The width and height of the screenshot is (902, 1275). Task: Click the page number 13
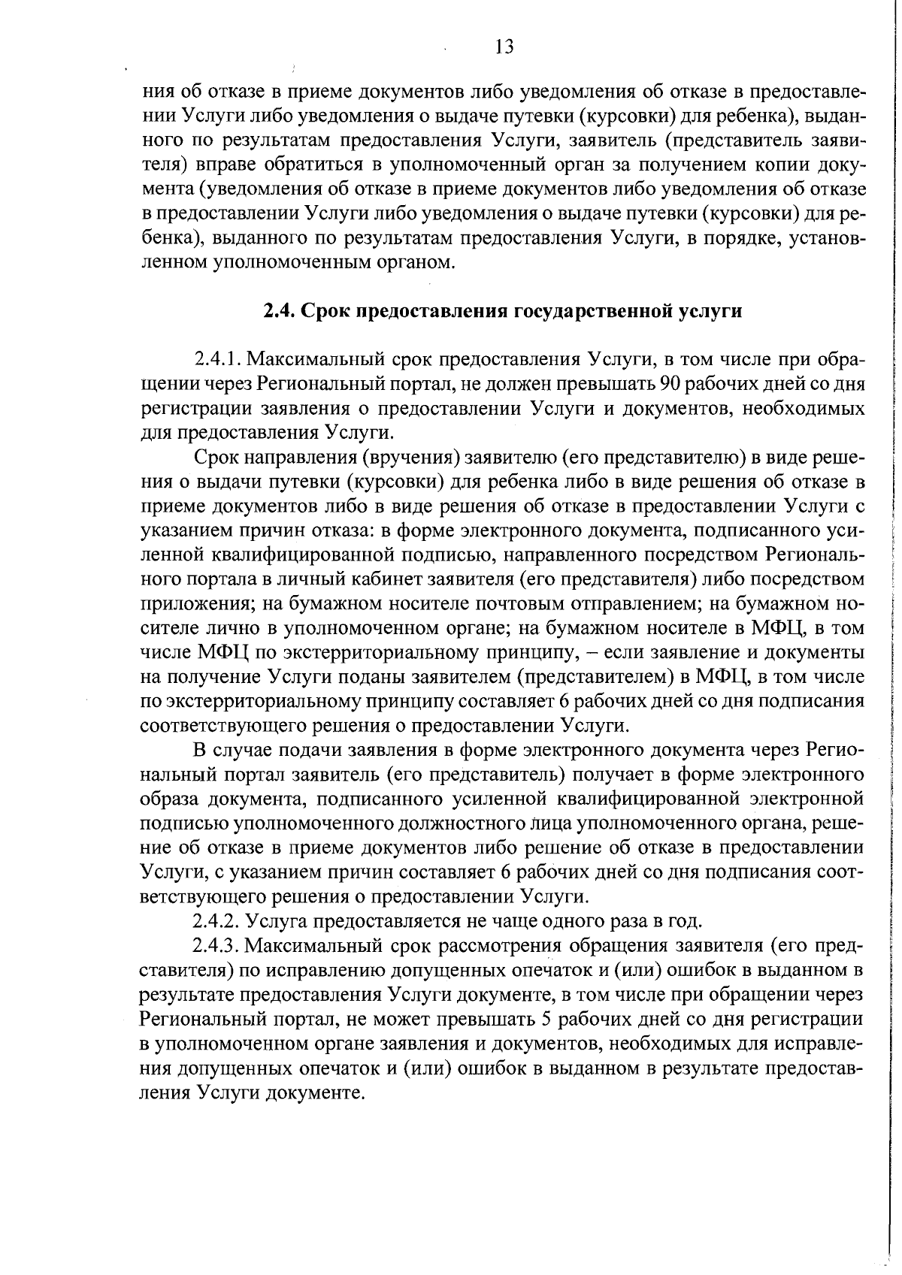tap(505, 47)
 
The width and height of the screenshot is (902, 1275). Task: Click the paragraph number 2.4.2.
tap(217, 921)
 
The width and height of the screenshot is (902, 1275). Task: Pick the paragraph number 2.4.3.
tap(217, 946)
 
